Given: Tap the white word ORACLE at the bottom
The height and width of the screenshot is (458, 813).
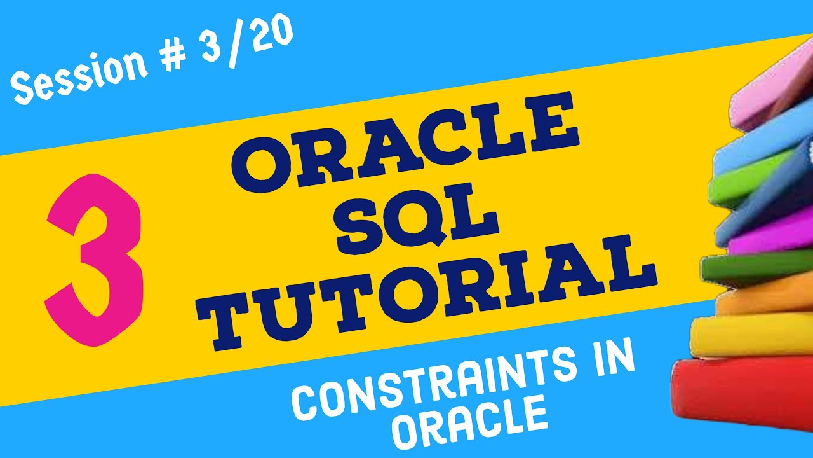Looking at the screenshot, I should (x=470, y=422).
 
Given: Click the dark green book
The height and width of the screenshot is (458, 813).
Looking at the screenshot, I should (x=756, y=267).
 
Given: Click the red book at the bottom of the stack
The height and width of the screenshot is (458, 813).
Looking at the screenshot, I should (x=743, y=398).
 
